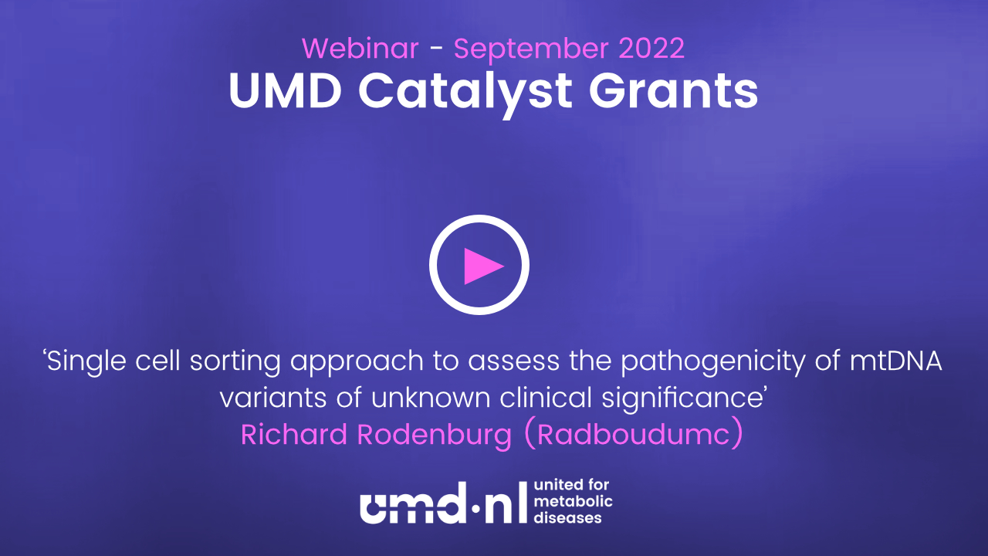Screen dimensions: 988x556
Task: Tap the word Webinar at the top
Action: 360,48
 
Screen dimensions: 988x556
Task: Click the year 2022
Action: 651,48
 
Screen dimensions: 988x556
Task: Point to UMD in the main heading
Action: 285,91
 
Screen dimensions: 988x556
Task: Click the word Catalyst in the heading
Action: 465,93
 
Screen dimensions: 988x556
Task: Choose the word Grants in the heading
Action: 674,91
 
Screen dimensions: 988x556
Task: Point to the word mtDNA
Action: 896,361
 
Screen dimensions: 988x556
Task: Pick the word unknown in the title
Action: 431,397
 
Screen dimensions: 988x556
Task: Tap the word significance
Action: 680,399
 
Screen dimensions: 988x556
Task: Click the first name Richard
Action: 294,434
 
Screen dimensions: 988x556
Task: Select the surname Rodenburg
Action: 435,436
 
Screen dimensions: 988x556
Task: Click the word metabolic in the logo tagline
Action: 573,501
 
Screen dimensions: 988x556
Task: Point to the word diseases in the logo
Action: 567,517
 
